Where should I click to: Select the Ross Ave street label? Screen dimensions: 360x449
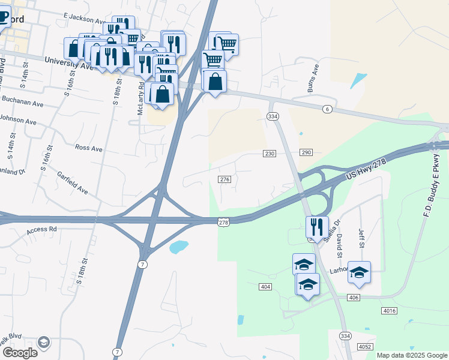[88, 148]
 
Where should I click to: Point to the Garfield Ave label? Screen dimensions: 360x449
[73, 183]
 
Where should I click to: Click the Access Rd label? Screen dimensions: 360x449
[41, 229]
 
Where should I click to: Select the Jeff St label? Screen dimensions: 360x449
[361, 238]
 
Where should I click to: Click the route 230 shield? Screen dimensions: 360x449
[270, 154]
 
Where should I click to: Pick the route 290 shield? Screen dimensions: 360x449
[306, 153]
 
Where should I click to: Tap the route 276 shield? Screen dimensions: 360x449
[225, 179]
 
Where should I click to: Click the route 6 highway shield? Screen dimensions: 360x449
[327, 109]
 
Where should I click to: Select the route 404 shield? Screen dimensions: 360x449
[267, 287]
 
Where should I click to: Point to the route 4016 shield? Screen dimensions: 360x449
[388, 310]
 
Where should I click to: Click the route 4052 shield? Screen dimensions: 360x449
[365, 347]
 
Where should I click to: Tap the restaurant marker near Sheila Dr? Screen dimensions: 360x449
[317, 227]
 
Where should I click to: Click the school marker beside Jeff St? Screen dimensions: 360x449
[359, 272]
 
